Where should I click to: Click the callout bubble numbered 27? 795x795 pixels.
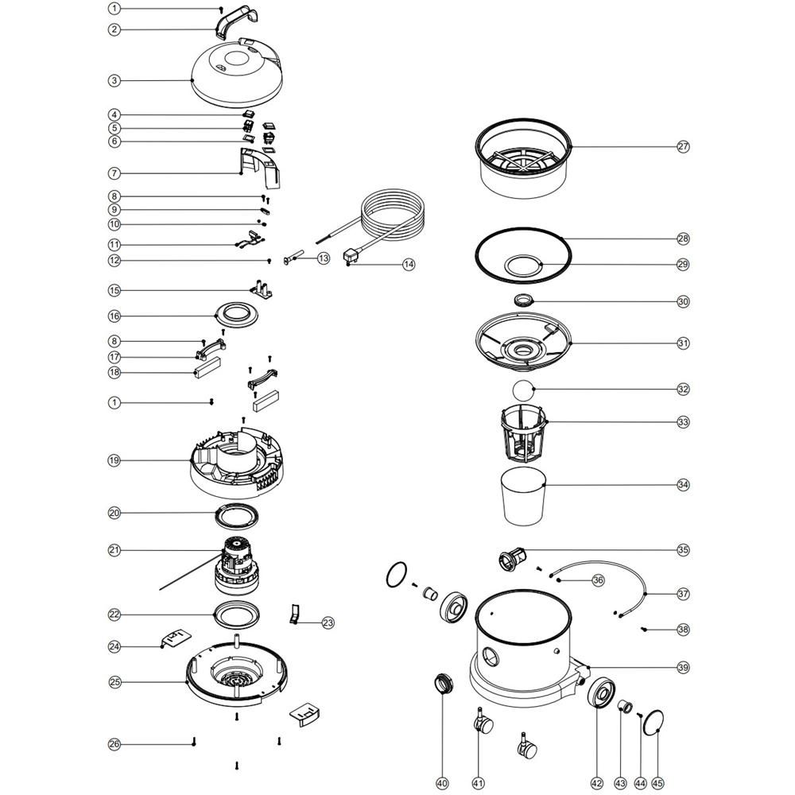click(683, 146)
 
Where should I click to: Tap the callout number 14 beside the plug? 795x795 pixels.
click(409, 264)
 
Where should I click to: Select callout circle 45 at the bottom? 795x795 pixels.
click(657, 783)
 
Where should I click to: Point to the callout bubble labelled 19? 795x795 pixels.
click(114, 460)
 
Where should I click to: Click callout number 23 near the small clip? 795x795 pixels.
click(328, 622)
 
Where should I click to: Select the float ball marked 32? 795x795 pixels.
click(523, 390)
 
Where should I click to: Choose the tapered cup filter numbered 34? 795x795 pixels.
click(523, 496)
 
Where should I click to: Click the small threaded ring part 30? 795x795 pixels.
click(524, 301)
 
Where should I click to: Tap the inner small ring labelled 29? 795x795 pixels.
click(523, 257)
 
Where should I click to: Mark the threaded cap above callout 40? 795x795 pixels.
click(444, 684)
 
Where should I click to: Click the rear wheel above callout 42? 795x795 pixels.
click(602, 691)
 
